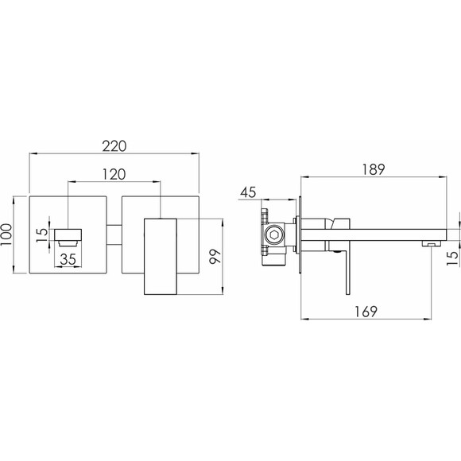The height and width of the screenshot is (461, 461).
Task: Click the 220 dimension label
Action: pos(114,146)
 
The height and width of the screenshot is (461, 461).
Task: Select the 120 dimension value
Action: pos(114,174)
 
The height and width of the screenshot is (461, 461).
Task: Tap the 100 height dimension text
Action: pos(6,234)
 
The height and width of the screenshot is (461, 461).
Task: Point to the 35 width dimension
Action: pos(68,259)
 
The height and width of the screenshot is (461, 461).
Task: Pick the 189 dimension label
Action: pos(373,169)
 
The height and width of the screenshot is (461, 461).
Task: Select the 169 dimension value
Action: pos(366,312)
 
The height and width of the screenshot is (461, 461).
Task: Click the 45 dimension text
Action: pos(248,192)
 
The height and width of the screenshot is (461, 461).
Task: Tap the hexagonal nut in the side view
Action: pos(275,235)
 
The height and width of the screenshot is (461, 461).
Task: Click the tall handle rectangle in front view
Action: pos(161,257)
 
